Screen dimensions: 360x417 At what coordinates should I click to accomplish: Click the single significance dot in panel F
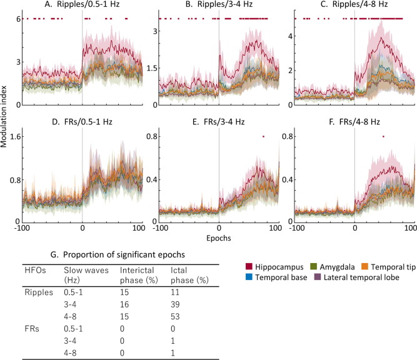[383, 136]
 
